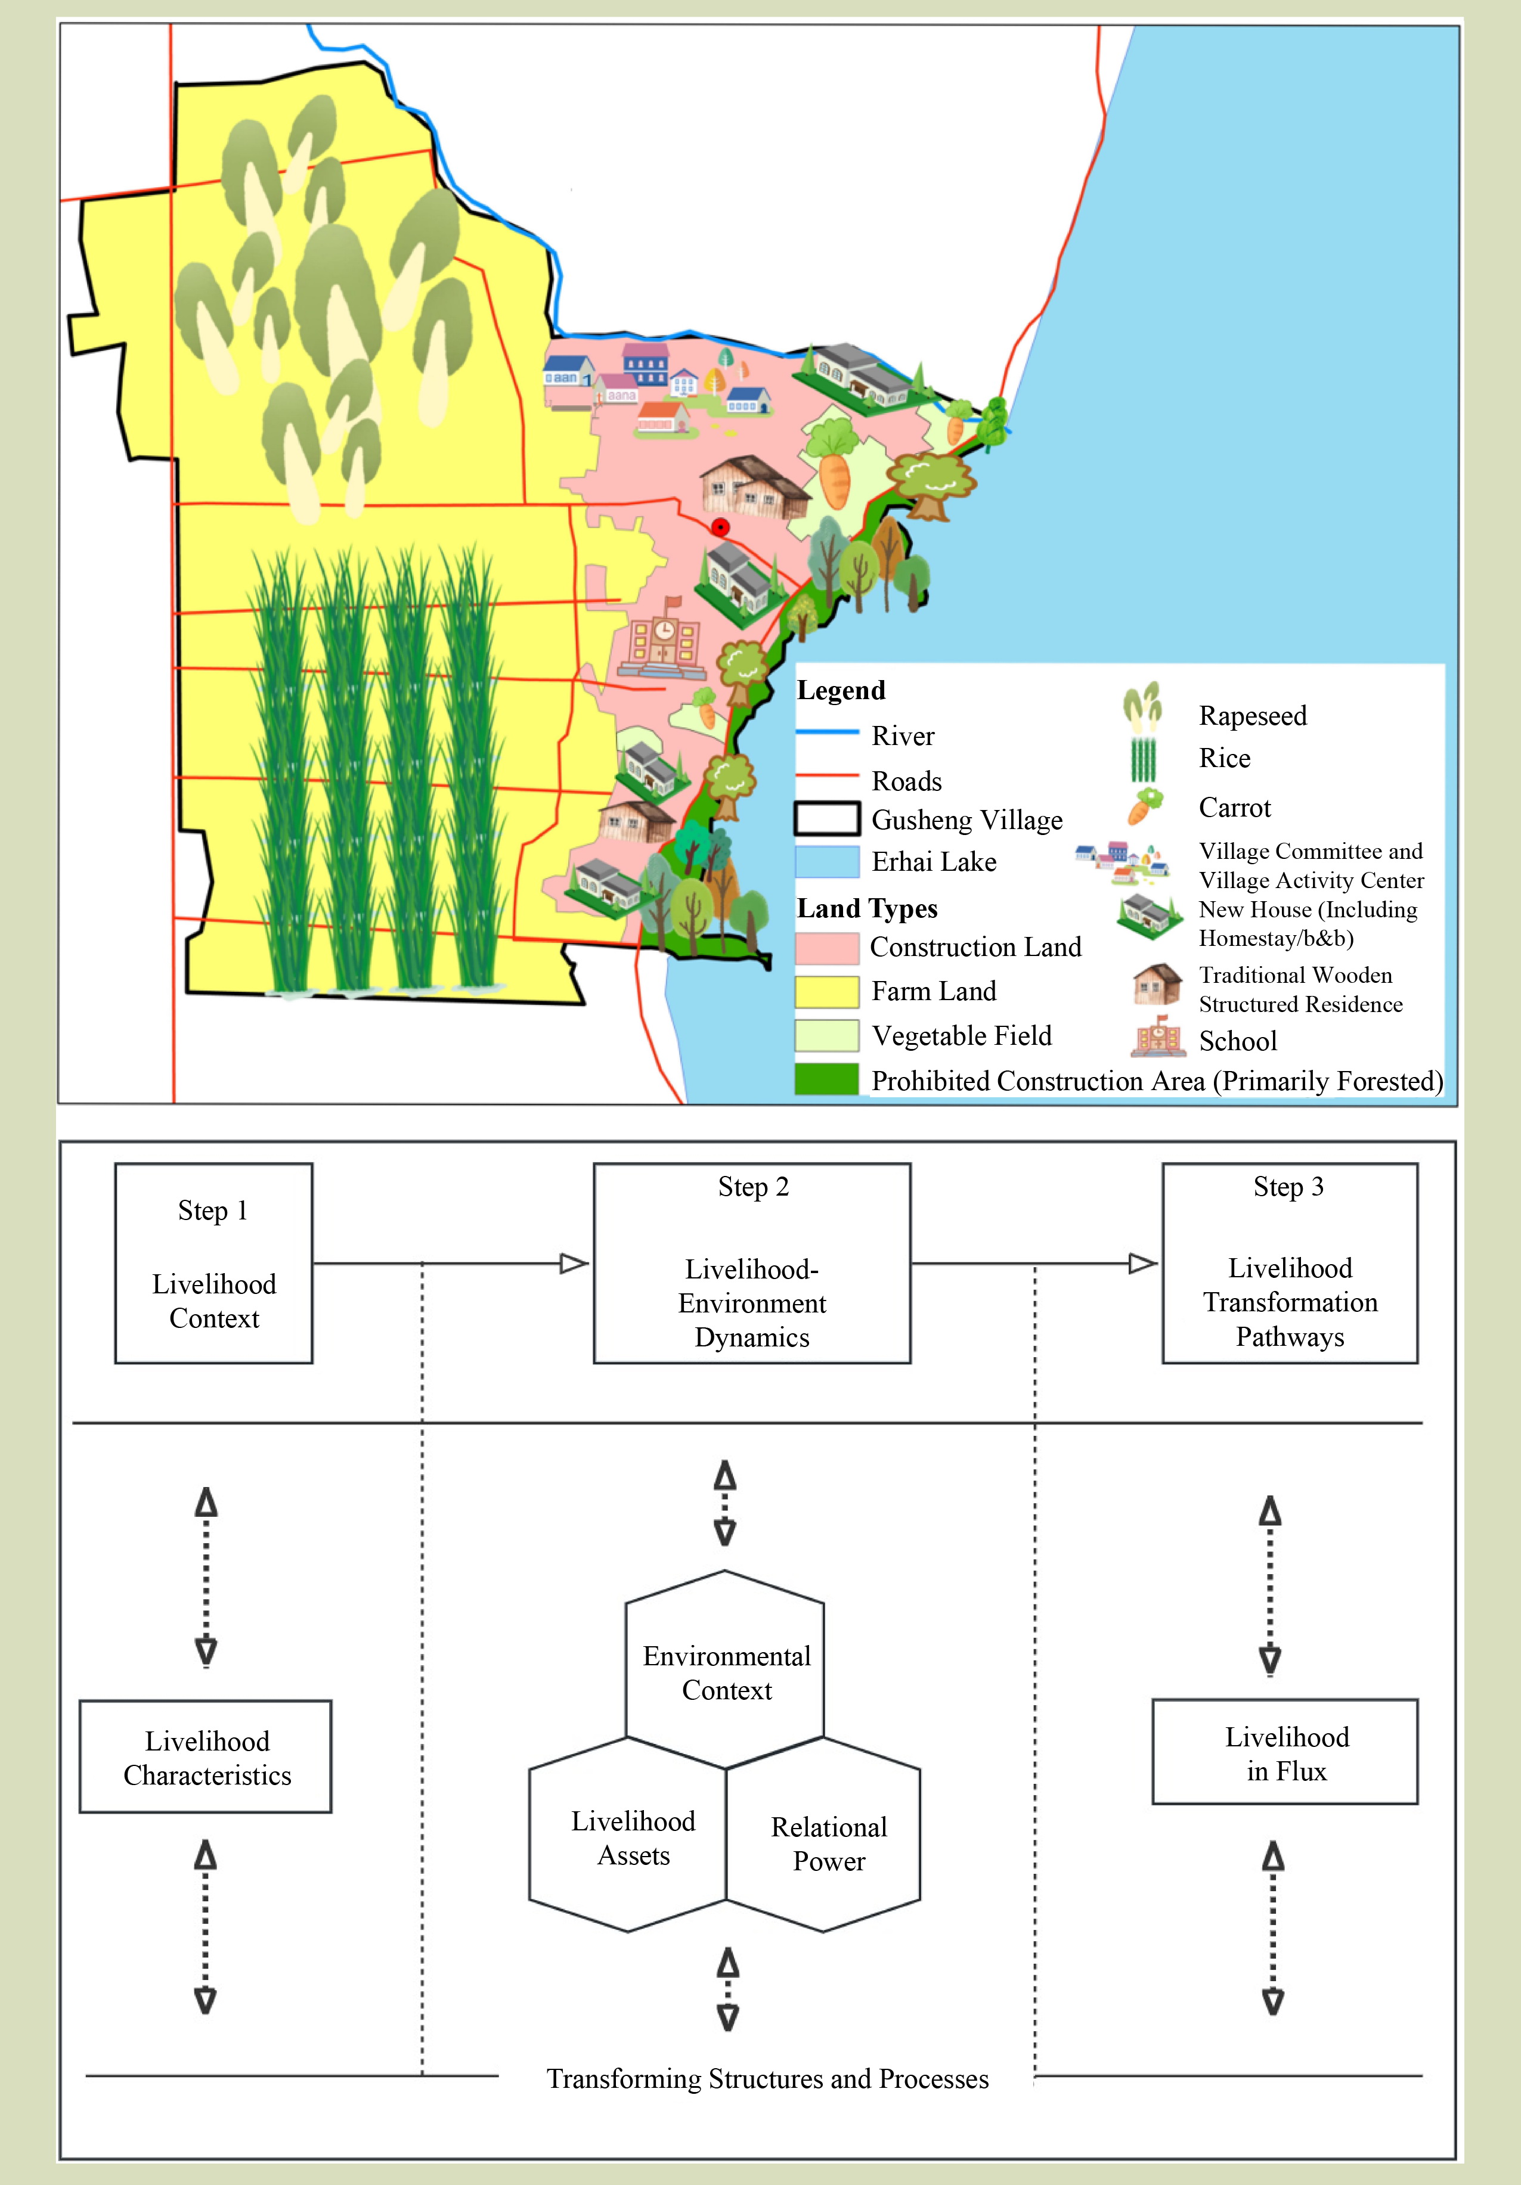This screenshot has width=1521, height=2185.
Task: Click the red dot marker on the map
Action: (720, 526)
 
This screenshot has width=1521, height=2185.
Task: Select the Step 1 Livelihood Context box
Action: (214, 1263)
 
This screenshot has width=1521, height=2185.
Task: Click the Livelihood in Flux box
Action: (1286, 1752)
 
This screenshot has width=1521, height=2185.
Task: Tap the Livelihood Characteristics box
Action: (206, 1756)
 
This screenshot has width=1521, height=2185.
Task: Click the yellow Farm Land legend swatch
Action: (827, 992)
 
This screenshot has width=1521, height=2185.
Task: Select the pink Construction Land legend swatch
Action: (827, 948)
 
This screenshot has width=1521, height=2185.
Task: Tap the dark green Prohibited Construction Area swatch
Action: (827, 1079)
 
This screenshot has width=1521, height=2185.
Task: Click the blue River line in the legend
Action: (827, 732)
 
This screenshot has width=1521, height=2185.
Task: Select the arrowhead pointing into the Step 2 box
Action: (575, 1264)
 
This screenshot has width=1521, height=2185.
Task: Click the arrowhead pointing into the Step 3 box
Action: (1143, 1264)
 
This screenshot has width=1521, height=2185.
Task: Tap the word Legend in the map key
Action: (841, 690)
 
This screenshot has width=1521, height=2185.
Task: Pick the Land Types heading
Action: (867, 909)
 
